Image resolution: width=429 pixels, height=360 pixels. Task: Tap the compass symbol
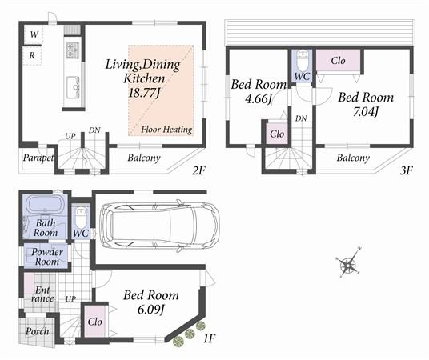[348, 265]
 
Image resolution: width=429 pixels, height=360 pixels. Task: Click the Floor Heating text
[163, 129]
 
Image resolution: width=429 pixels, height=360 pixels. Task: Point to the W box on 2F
[34, 34]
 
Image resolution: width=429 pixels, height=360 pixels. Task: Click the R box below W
[32, 56]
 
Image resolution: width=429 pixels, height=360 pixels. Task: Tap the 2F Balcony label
[145, 158]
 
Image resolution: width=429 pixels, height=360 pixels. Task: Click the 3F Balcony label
[353, 158]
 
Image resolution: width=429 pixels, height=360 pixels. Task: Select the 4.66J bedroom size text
[253, 99]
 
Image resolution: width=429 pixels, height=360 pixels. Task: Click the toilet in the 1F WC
[81, 218]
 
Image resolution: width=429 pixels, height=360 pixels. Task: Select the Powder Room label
[46, 256]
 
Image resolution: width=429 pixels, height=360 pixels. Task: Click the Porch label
[38, 330]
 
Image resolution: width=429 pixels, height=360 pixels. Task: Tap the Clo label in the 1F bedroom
[95, 322]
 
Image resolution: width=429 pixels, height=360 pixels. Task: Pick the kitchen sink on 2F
[71, 83]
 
